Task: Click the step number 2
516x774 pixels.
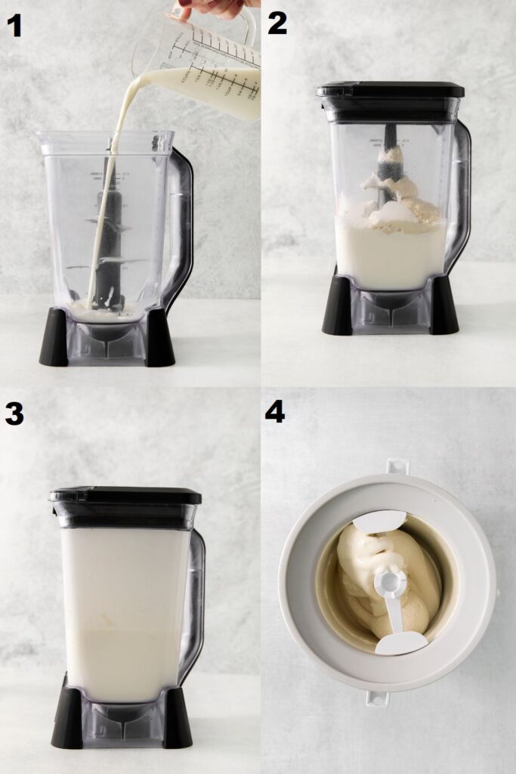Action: click(277, 23)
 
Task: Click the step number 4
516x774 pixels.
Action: click(275, 411)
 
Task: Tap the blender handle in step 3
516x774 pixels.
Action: click(194, 597)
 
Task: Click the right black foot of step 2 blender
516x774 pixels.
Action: click(443, 306)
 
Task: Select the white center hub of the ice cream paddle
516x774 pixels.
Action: click(391, 582)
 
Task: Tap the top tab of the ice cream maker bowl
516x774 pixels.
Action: click(397, 466)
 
